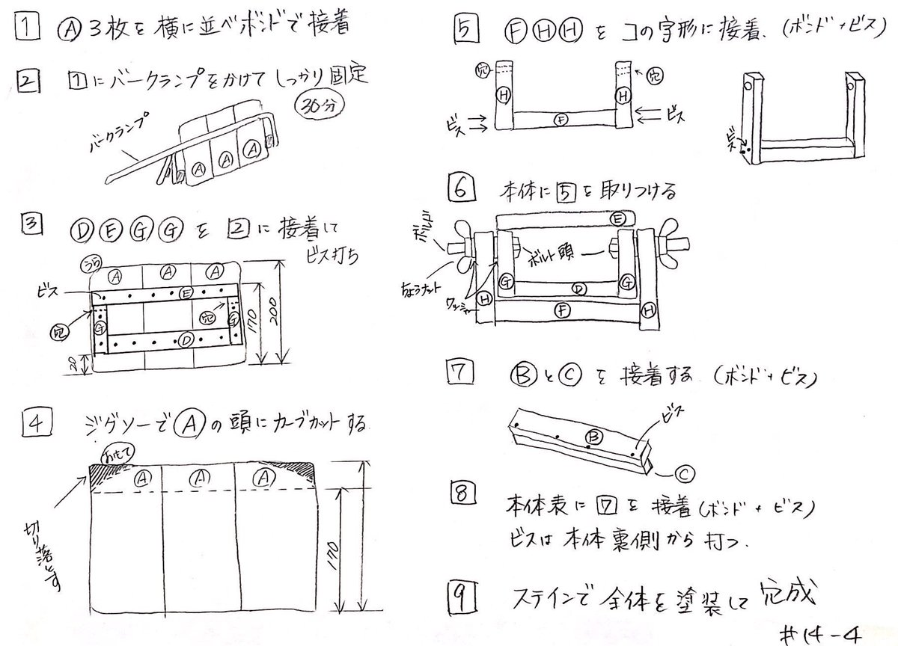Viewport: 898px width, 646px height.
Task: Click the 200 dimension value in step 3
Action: [x=277, y=314]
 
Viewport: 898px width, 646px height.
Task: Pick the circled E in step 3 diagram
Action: [x=188, y=292]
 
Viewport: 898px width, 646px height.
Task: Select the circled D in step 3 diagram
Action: [x=188, y=342]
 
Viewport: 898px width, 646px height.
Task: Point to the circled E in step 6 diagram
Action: [x=617, y=218]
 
